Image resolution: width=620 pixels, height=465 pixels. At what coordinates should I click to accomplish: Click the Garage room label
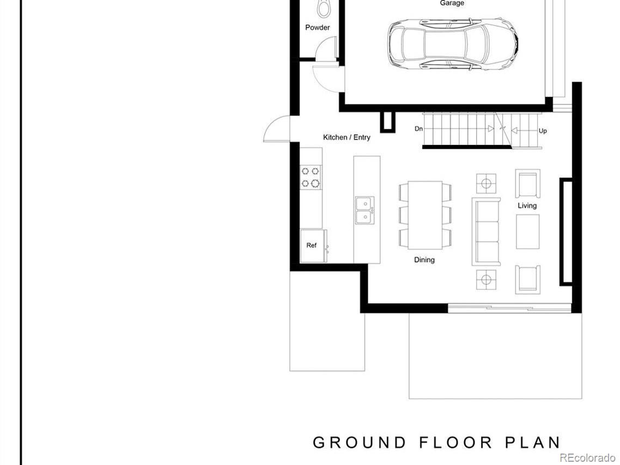452,3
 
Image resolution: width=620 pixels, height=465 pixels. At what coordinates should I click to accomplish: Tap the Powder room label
318,28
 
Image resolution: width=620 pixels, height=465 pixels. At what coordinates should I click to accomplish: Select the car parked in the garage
453,44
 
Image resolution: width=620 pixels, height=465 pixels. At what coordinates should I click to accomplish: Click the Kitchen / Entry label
347,137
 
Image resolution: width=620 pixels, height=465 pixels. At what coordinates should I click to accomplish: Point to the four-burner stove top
311,177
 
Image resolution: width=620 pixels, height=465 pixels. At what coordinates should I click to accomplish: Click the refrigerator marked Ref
313,246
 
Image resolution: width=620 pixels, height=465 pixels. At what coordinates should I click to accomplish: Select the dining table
425,215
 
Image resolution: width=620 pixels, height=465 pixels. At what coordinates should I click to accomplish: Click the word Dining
424,260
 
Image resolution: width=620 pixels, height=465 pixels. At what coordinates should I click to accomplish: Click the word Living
527,206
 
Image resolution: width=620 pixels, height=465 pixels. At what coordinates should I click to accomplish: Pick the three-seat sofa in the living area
486,232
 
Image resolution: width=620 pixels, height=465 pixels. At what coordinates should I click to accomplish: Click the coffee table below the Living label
528,232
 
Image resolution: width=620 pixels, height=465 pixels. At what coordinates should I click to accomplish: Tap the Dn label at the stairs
419,129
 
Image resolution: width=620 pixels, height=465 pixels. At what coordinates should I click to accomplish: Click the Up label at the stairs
543,131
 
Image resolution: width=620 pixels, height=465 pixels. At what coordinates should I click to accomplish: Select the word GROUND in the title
360,443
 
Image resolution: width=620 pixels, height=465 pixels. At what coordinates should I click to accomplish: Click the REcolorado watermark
589,458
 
